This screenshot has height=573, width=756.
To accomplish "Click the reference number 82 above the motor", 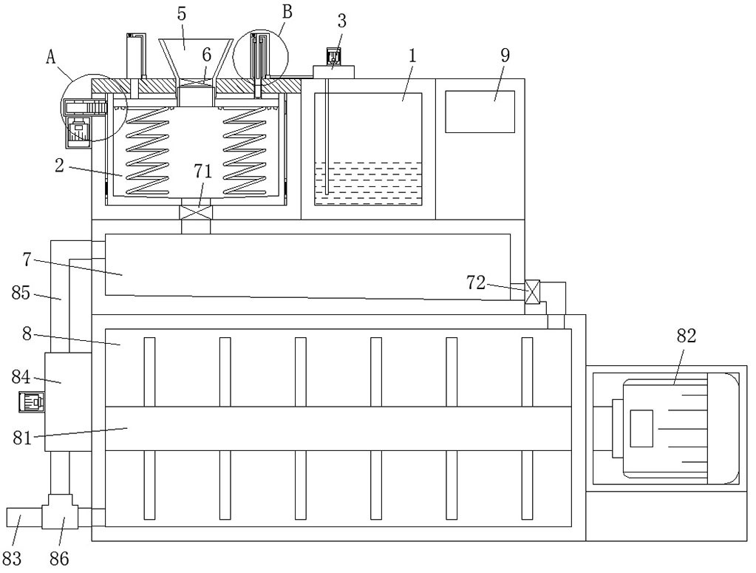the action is click(x=686, y=336).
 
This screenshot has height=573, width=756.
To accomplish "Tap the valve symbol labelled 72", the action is click(x=532, y=292).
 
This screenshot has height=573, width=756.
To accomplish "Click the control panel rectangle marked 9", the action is click(x=480, y=112).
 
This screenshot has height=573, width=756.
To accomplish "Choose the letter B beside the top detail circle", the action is click(x=287, y=13).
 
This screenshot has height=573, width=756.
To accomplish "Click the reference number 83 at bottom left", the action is click(x=12, y=558).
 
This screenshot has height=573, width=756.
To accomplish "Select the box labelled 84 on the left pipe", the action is click(x=68, y=401).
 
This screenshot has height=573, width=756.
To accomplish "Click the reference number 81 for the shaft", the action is click(x=22, y=438).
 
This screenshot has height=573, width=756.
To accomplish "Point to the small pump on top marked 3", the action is click(x=333, y=64).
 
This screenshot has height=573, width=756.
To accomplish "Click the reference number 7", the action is click(x=27, y=260).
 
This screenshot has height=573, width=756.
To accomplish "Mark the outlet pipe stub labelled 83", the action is click(x=24, y=518).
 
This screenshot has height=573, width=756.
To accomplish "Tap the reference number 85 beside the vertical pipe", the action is click(x=21, y=293).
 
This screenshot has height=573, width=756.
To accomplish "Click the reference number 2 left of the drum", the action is click(x=59, y=166).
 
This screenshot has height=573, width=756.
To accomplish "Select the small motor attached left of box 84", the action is click(x=31, y=401).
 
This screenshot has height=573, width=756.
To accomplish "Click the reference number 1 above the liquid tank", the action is click(x=412, y=56).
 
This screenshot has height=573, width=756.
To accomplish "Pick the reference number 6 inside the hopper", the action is click(x=206, y=55).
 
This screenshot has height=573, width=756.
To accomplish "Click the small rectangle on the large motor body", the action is click(x=641, y=428).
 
